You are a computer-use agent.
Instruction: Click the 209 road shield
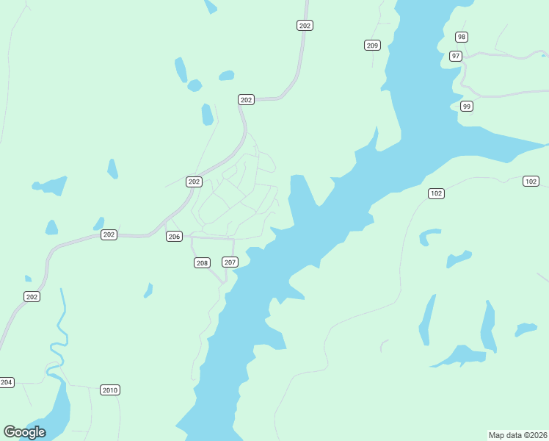[372, 46]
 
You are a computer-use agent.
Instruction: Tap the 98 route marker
[461, 37]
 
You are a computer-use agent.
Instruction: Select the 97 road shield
[456, 56]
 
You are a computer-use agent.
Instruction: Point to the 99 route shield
[466, 107]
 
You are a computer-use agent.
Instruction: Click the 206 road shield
[174, 236]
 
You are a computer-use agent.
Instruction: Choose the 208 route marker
[202, 262]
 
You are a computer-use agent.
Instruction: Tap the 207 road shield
[230, 262]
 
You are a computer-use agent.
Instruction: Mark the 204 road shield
[7, 382]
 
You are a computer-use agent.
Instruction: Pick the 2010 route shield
[110, 390]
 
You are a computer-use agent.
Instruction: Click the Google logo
[24, 432]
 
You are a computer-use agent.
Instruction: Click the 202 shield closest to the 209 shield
[305, 26]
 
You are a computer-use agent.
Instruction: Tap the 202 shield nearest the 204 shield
[32, 296]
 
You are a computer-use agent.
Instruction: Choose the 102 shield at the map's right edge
[531, 181]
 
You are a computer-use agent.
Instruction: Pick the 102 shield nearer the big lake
[437, 193]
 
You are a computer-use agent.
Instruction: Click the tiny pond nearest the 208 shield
[148, 291]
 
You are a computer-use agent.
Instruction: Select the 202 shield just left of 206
[109, 234]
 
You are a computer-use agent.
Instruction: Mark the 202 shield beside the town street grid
[194, 182]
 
